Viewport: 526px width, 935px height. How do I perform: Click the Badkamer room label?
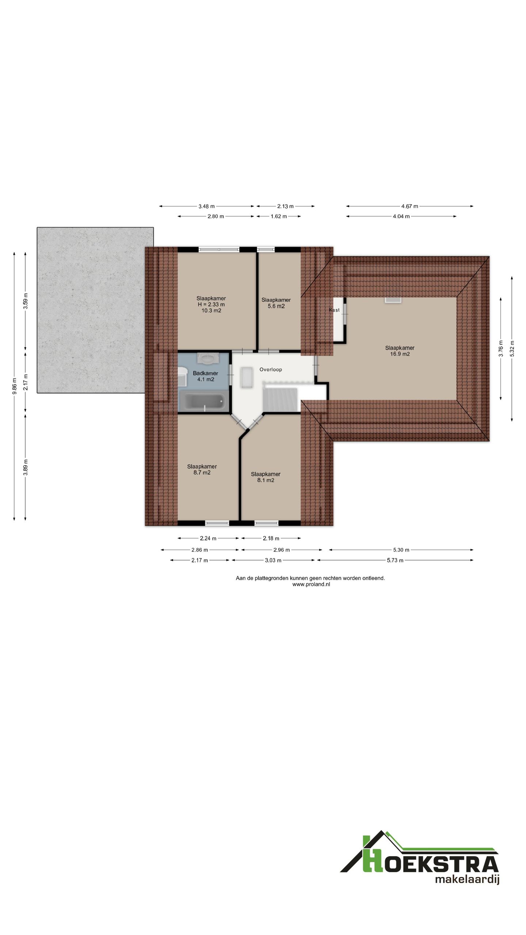205,373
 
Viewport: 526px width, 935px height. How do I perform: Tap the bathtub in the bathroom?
203,401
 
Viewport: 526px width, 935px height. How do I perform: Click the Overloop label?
271,370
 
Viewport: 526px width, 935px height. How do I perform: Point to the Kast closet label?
334,310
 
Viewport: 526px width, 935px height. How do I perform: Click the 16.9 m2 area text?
400,354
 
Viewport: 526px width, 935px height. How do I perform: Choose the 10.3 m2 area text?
211,310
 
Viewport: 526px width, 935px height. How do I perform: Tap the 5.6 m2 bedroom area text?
276,306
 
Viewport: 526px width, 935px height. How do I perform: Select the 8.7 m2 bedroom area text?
202,473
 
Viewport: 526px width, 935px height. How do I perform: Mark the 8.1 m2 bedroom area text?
266,480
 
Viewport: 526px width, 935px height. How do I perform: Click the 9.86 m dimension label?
15,386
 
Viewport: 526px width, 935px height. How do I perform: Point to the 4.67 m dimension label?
409,206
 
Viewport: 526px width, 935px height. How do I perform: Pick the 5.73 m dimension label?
395,560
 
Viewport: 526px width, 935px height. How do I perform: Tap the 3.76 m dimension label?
501,348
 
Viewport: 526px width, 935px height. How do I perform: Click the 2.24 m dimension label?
208,538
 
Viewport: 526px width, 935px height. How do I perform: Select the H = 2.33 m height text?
211,304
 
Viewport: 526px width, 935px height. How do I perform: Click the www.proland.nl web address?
311,584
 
